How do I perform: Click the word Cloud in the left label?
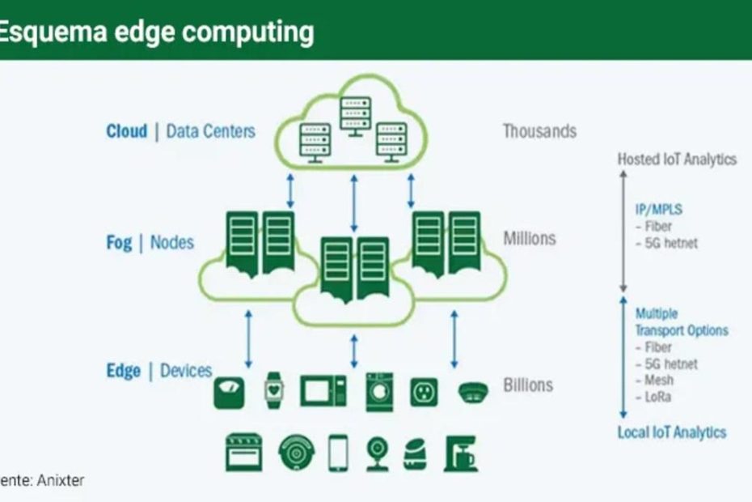[126, 131]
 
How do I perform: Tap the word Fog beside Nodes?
[119, 242]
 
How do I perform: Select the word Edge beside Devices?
[123, 371]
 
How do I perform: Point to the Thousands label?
[539, 130]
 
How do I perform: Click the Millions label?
[530, 238]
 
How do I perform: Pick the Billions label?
[528, 385]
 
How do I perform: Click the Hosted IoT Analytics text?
[677, 160]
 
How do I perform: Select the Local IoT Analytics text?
[671, 432]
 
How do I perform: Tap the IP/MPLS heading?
[658, 210]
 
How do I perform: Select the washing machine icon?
[379, 391]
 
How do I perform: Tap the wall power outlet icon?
[424, 392]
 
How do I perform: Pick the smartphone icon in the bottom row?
[338, 453]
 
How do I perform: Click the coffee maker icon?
[460, 453]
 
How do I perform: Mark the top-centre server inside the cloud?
[355, 115]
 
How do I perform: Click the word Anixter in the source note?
[59, 480]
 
